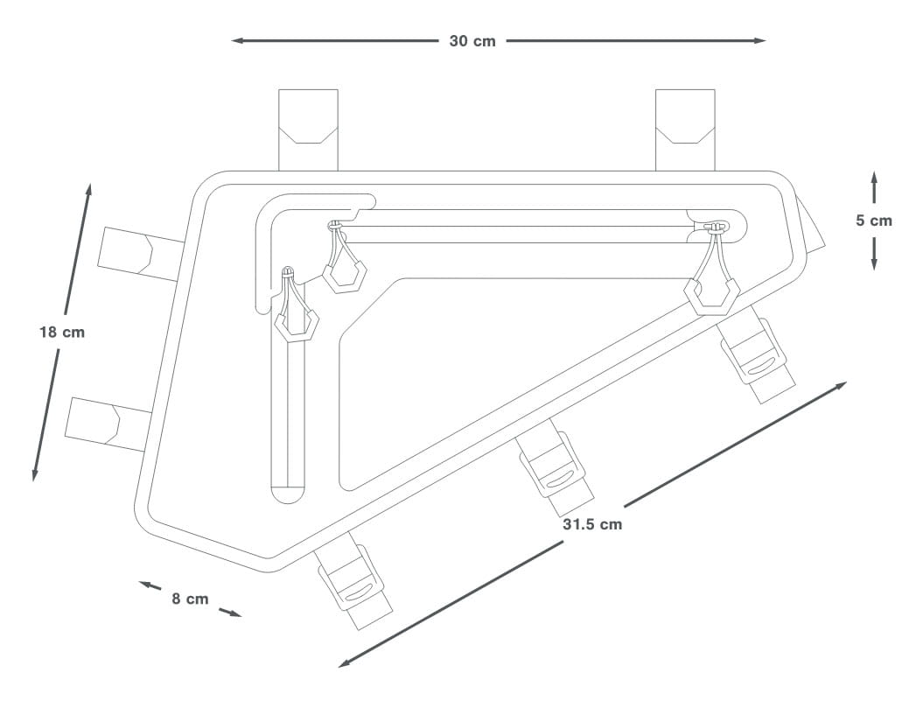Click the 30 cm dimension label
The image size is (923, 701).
(x=472, y=41)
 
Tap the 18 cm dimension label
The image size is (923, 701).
(x=62, y=333)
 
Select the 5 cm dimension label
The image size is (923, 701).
(x=873, y=221)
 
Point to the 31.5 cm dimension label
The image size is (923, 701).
(x=592, y=524)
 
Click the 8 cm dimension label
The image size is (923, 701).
(x=190, y=599)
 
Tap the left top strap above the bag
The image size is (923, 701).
(x=309, y=130)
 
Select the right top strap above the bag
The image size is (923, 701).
(x=685, y=130)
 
